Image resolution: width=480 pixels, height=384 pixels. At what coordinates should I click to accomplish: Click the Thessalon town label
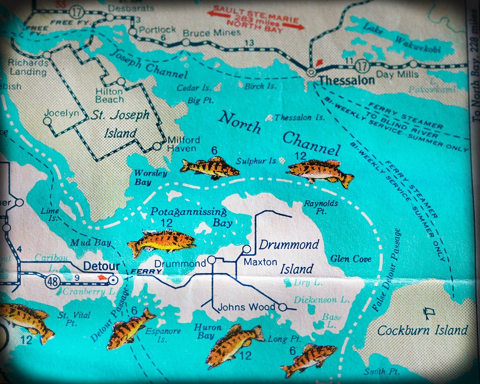tap(347, 80)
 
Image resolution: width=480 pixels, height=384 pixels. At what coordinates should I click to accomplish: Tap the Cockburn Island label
tap(422, 330)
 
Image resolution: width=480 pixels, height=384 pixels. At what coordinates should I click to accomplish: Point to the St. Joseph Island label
tap(120, 124)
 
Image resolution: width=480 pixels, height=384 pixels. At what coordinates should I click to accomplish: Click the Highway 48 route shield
tap(53, 281)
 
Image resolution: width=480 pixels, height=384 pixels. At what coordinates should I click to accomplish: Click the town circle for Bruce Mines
tap(186, 43)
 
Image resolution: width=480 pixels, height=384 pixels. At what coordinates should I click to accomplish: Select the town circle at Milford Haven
tap(156, 146)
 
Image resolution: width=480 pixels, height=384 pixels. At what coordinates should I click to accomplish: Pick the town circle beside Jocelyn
tap(47, 120)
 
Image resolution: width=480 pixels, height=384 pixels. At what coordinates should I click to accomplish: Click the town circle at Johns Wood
tap(282, 307)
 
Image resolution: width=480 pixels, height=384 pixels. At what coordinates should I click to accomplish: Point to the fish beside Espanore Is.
tap(129, 329)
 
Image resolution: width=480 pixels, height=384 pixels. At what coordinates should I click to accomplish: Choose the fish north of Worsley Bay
tap(210, 168)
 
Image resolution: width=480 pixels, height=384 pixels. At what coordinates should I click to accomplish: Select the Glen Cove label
tap(351, 259)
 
